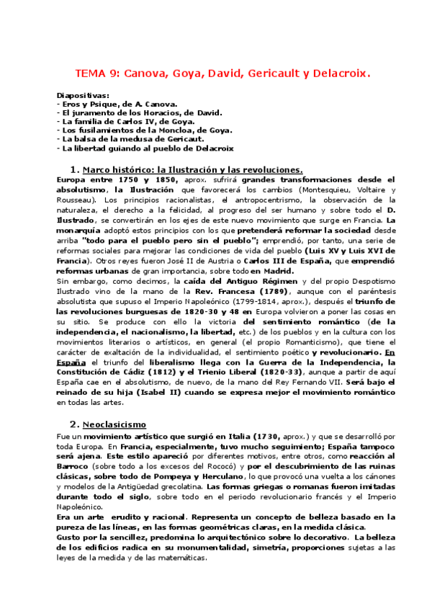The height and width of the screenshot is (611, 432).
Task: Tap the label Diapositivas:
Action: point(83,95)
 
